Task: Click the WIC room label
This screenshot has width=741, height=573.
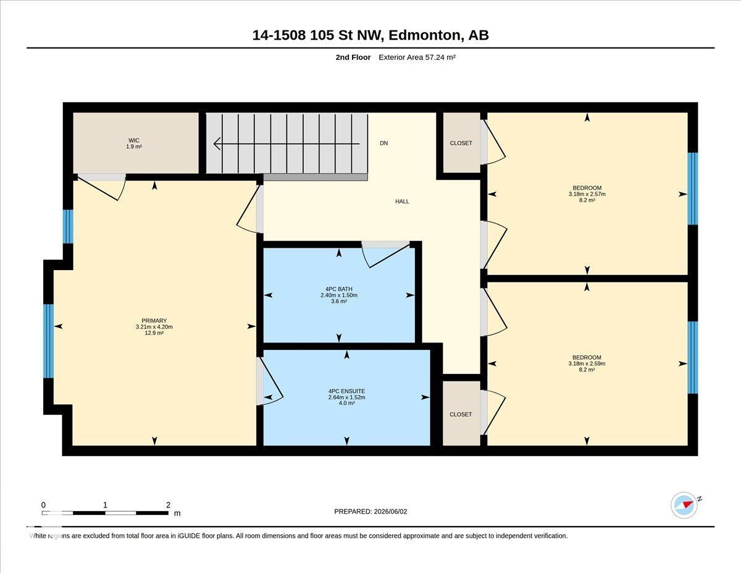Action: pyautogui.click(x=134, y=140)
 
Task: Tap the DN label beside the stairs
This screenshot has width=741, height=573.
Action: pyautogui.click(x=383, y=143)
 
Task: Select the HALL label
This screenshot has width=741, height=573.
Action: pyautogui.click(x=402, y=202)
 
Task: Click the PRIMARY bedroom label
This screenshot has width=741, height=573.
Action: pyautogui.click(x=154, y=320)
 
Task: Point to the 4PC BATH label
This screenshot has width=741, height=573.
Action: pyautogui.click(x=339, y=289)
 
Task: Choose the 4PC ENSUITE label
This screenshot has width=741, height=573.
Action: pyautogui.click(x=347, y=391)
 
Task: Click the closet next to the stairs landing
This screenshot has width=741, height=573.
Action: pyautogui.click(x=461, y=143)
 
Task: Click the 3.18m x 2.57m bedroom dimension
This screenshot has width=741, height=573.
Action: pyautogui.click(x=587, y=194)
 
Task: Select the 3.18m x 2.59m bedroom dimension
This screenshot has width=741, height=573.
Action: pyautogui.click(x=587, y=363)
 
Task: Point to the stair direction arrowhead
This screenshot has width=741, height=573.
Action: pyautogui.click(x=217, y=143)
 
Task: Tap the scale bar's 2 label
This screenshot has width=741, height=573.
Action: pyautogui.click(x=168, y=505)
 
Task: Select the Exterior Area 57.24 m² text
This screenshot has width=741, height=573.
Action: pyautogui.click(x=417, y=57)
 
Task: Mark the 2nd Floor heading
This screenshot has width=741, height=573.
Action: pyautogui.click(x=353, y=57)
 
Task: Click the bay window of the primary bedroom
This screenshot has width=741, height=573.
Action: pyautogui.click(x=48, y=341)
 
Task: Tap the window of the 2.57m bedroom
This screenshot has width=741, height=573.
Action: pyautogui.click(x=693, y=189)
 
